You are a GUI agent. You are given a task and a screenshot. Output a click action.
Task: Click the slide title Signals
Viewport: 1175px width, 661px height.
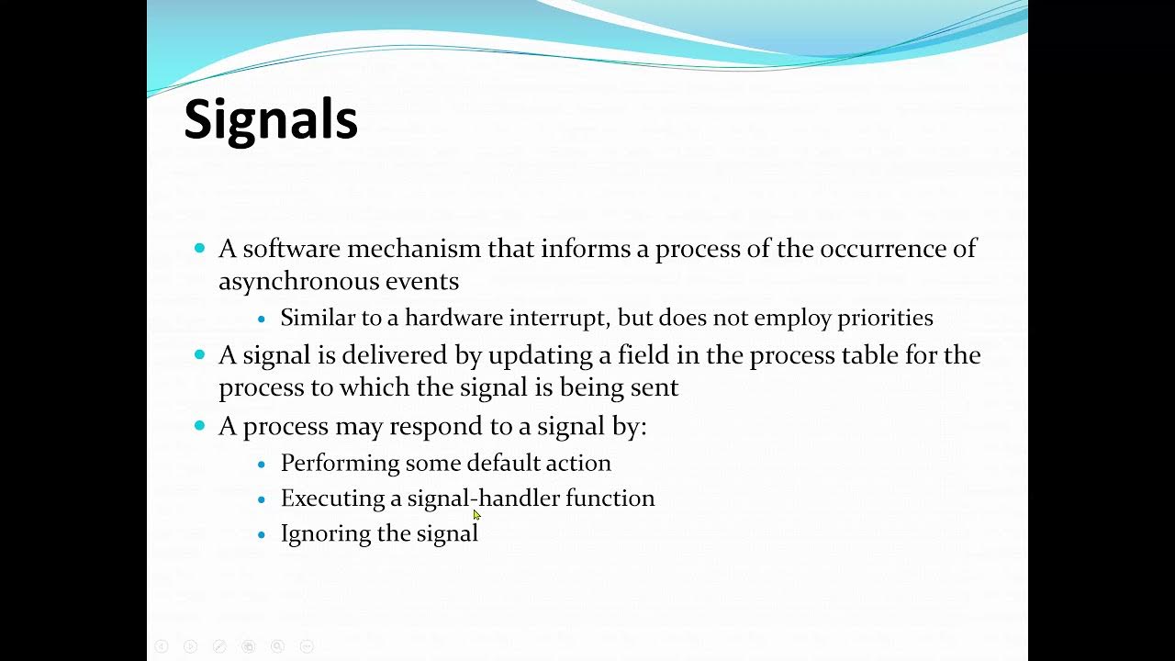point(271,120)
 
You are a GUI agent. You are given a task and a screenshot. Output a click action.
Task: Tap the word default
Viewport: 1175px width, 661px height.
point(504,463)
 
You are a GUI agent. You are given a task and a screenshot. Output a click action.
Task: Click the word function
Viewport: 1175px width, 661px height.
point(610,499)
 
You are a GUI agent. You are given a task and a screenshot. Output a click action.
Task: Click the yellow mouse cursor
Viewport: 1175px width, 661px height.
point(477,516)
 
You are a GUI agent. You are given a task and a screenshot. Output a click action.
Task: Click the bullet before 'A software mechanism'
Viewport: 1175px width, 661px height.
point(200,249)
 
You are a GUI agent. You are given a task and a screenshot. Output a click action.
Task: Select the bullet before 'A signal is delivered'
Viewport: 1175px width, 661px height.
point(200,355)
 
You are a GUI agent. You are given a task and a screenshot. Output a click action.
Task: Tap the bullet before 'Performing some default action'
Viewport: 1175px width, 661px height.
point(262,464)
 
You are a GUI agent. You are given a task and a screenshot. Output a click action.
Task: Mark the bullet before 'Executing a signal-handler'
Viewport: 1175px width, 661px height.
point(262,499)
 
